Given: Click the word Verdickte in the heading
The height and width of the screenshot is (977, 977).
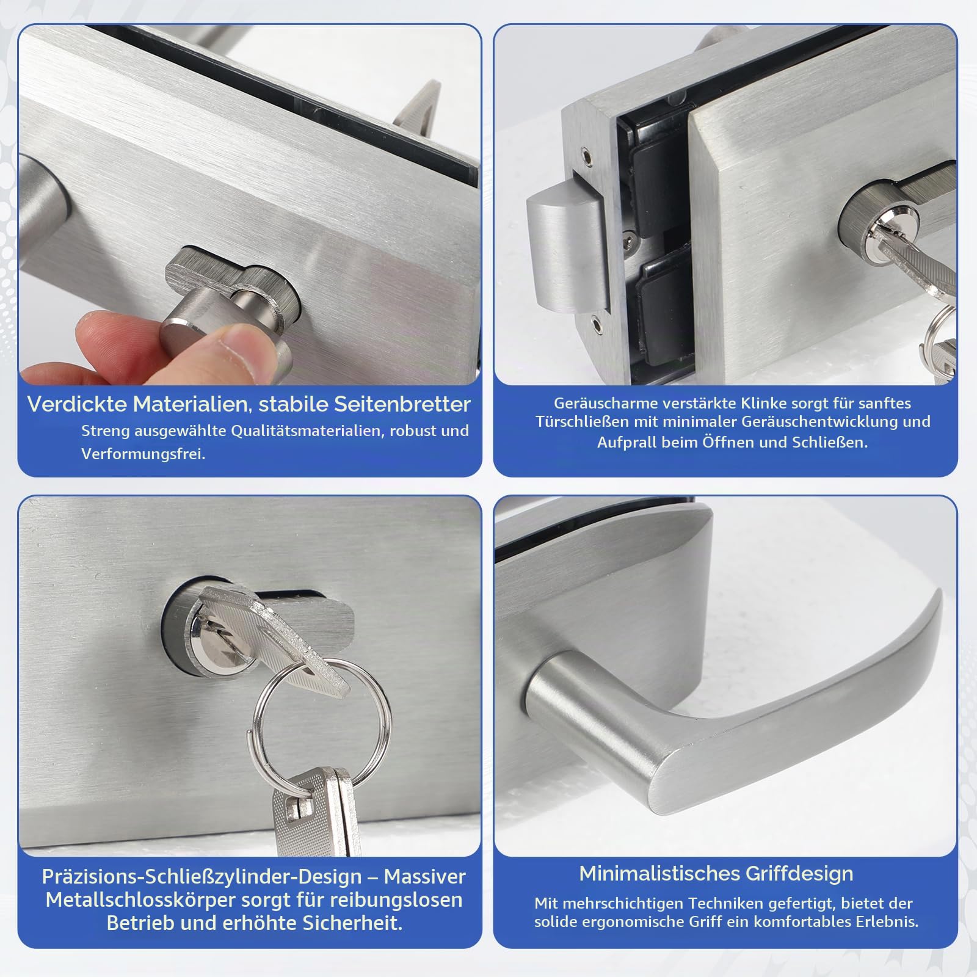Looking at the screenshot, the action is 77,404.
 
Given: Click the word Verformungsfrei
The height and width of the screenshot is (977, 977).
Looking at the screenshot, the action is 143,454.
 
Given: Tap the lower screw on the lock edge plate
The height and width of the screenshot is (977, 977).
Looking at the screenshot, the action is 596,318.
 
